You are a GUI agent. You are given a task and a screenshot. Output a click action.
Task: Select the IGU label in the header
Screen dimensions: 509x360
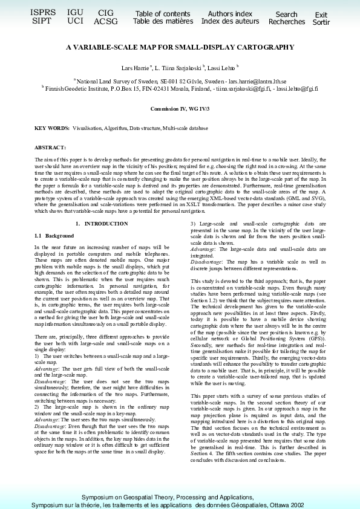(76, 12)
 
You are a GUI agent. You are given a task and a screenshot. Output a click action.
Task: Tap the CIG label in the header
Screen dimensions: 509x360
(106, 13)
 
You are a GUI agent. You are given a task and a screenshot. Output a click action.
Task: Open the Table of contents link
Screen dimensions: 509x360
(162, 14)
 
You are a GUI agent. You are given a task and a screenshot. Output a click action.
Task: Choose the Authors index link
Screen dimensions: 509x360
(230, 14)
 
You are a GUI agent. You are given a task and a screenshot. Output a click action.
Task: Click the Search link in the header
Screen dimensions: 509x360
(286, 15)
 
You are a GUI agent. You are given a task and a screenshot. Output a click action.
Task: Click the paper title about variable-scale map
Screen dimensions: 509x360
(180, 47)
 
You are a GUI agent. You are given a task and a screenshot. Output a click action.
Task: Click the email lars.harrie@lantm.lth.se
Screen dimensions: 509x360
(255, 80)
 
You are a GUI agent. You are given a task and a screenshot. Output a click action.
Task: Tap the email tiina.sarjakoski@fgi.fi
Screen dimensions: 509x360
(245, 88)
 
